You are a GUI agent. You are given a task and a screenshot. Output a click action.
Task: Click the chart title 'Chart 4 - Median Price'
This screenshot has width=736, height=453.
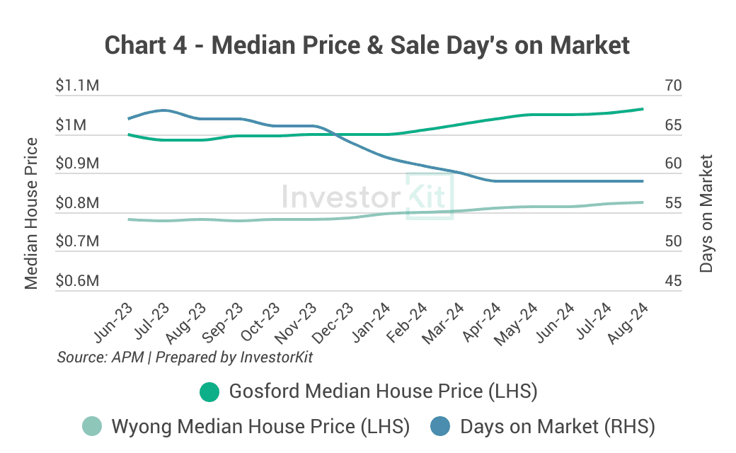(367, 45)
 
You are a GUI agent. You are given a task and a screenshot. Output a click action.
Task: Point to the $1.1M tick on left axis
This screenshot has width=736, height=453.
(77, 86)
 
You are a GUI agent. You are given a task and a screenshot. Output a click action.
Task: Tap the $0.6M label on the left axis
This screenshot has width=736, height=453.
(77, 282)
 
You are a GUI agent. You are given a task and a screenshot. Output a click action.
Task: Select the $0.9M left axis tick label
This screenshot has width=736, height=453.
(77, 164)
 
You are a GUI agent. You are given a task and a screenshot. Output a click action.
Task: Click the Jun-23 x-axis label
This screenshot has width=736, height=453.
(113, 322)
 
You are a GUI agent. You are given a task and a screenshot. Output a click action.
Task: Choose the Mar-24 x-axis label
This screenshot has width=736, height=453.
(444, 322)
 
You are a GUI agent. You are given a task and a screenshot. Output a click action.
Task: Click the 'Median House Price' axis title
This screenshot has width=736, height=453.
(31, 213)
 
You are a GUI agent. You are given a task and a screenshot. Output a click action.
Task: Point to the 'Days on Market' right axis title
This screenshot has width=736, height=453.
(706, 213)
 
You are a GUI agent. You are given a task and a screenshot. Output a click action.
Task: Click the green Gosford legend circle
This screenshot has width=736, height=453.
(209, 391)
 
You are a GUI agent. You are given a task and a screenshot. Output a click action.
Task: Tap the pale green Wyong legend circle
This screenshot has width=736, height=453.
(92, 427)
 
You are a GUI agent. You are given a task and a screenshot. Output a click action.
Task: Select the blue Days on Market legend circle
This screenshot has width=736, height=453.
(440, 427)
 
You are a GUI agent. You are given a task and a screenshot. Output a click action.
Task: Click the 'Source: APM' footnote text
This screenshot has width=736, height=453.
(185, 357)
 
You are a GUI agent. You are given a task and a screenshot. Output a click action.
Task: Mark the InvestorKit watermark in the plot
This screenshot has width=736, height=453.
(368, 195)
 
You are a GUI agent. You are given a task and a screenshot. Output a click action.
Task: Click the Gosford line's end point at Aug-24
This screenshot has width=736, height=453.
(642, 109)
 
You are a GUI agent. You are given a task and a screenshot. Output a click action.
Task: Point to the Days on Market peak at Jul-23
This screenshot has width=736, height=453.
(164, 110)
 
